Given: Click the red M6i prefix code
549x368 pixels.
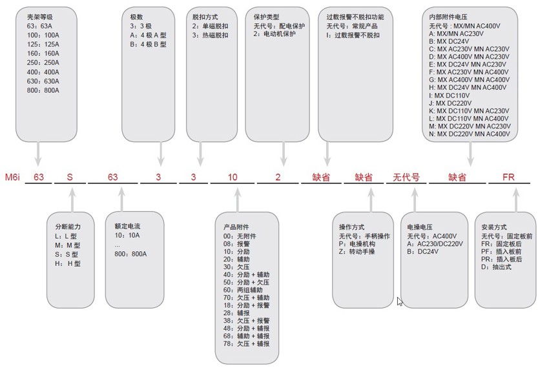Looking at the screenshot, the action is click(12, 177).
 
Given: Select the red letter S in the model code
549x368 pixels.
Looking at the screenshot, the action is click(70, 177).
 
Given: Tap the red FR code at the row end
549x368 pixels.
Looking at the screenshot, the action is click(508, 177).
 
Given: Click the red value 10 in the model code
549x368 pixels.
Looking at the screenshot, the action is click(233, 177).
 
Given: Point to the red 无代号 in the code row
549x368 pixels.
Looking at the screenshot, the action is click(406, 177).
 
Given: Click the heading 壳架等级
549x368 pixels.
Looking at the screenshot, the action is click(40, 17).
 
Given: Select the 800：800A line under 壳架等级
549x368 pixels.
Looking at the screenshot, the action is click(43, 90).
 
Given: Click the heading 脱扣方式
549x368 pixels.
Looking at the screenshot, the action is click(205, 17).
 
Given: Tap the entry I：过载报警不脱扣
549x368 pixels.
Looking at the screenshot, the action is click(353, 35).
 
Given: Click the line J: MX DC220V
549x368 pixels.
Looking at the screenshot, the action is click(450, 103).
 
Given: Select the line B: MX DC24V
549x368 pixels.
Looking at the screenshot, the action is click(450, 41).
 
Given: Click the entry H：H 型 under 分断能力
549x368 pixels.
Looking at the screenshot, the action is click(68, 263).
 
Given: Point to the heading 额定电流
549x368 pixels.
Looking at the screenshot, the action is click(127, 226).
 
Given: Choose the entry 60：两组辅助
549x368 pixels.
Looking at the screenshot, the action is click(243, 290).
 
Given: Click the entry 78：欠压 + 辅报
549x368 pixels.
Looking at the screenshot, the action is click(247, 344).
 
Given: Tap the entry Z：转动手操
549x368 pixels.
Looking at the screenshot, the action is click(357, 252).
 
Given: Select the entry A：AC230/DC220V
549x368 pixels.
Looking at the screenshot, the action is click(435, 243).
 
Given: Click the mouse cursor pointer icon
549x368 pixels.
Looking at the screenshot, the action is click(400, 302).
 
